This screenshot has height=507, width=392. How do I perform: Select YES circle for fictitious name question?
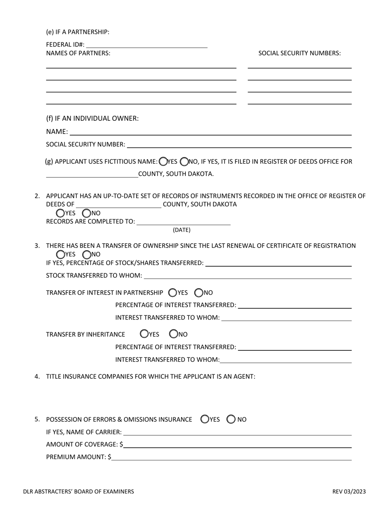pyautogui.click(x=163, y=162)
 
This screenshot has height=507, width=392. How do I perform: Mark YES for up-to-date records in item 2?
pyautogui.click(x=60, y=213)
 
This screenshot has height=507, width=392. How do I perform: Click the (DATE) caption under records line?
pyautogui.click(x=182, y=230)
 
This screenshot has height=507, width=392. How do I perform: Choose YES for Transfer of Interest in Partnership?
pyautogui.click(x=173, y=293)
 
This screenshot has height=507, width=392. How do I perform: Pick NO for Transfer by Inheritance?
pyautogui.click(x=174, y=334)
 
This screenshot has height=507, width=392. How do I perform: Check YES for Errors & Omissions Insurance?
pyautogui.click(x=205, y=419)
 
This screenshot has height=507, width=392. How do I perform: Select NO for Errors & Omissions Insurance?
pyautogui.click(x=231, y=419)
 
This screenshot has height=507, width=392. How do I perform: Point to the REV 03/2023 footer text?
pyautogui.click(x=349, y=491)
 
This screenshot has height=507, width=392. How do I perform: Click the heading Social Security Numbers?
pyautogui.click(x=300, y=53)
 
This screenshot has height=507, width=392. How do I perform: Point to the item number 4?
pyautogui.click(x=37, y=376)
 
